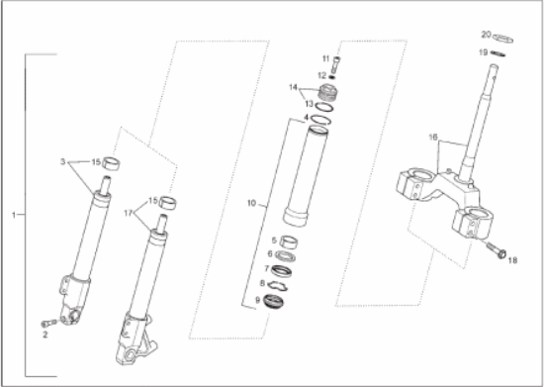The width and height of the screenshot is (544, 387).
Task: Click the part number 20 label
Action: pyautogui.click(x=486, y=35)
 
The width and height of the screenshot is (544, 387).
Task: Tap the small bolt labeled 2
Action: pyautogui.click(x=48, y=324)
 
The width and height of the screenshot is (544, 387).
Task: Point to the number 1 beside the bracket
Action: pyautogui.click(x=14, y=215)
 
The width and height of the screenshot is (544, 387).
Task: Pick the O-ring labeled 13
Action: pyautogui.click(x=324, y=107)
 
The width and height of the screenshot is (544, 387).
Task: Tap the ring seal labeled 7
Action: pyautogui.click(x=281, y=271)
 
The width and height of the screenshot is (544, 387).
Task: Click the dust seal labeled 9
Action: pyautogui.click(x=274, y=301)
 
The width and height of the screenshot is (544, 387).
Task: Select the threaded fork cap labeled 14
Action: pyautogui.click(x=327, y=93)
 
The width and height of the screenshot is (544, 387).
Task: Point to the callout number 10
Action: pyautogui.click(x=251, y=203)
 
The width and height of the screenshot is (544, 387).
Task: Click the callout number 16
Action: pyautogui.click(x=433, y=138)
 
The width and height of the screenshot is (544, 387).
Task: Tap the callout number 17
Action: pyautogui.click(x=129, y=213)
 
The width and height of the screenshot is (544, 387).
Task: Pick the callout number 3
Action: pyautogui.click(x=62, y=161)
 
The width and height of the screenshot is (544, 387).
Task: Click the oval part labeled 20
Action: pyautogui.click(x=503, y=39)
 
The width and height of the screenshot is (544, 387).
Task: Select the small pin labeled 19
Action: pyautogui.click(x=498, y=53)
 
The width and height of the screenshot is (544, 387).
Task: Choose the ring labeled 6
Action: pyautogui.click(x=285, y=256)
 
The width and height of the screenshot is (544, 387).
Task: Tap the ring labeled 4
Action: pyautogui.click(x=320, y=120)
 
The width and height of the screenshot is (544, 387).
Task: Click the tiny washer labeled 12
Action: pyautogui.click(x=331, y=76)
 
